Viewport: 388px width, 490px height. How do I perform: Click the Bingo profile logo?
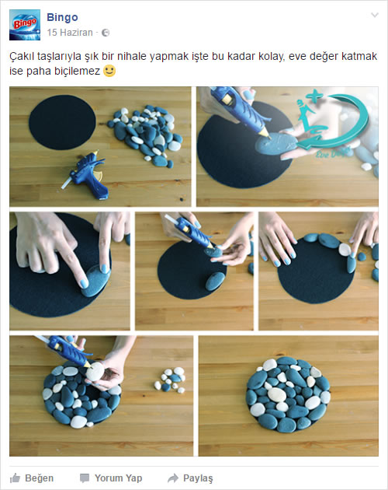(x=25, y=25)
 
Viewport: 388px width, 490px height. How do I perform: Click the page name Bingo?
(x=62, y=17)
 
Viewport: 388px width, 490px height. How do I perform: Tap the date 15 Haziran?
(x=70, y=33)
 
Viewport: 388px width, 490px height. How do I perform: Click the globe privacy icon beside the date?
(x=106, y=33)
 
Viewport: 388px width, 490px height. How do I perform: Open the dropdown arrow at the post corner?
(x=375, y=15)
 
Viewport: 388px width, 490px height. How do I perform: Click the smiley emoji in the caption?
(x=109, y=71)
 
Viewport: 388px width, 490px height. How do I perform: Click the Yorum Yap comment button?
(x=111, y=478)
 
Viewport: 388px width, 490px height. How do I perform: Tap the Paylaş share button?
(x=190, y=478)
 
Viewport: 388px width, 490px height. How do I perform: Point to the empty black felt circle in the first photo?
(x=62, y=122)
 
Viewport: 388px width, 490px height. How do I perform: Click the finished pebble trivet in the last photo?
(x=288, y=394)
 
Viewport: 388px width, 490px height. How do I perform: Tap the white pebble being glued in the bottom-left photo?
(x=95, y=371)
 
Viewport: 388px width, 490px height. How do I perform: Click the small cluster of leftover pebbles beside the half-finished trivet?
(x=170, y=380)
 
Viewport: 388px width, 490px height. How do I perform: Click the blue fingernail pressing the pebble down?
(x=85, y=283)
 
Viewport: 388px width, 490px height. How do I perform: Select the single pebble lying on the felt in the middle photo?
(x=215, y=281)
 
